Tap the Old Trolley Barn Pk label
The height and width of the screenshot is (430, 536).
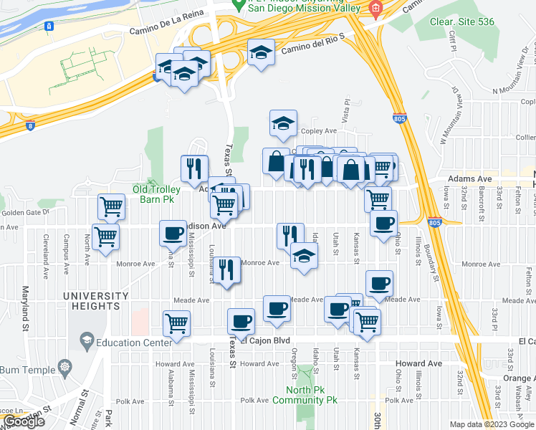(158, 190)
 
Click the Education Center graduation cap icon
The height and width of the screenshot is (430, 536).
(87, 338)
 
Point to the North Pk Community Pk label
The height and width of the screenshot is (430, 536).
(305, 395)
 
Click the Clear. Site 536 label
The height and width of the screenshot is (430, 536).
(462, 21)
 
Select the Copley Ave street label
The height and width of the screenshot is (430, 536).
(319, 131)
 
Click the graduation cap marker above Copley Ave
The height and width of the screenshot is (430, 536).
(283, 123)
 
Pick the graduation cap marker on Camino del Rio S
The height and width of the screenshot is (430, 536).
(261, 52)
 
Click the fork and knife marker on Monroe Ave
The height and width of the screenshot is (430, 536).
(226, 269)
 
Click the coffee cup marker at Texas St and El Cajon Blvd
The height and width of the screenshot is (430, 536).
(241, 321)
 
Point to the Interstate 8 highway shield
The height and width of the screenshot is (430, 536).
(30, 127)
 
